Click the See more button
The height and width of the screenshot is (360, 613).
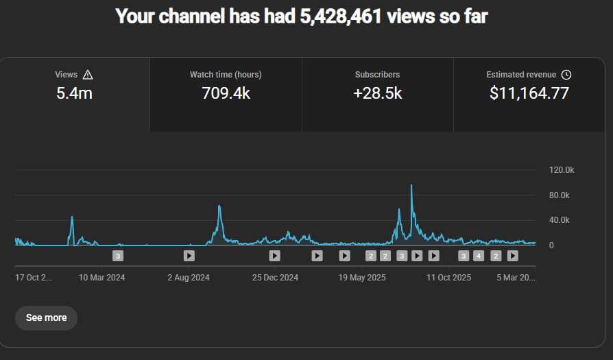coord(46,317)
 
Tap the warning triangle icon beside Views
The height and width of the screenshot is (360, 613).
coord(87,75)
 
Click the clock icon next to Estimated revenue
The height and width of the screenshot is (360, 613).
coord(566,75)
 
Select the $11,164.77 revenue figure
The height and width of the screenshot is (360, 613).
coord(529,93)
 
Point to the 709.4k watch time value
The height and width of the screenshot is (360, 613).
coord(226,93)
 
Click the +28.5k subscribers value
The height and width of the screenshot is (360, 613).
coord(377,93)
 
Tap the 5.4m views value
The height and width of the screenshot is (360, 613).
coord(74,93)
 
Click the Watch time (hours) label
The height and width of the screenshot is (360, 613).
coord(226,75)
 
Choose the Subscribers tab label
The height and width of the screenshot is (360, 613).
coord(377,75)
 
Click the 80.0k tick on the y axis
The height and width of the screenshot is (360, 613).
coord(560,195)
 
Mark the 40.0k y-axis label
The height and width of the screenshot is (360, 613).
coord(560,220)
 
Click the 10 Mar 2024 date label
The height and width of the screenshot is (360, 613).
coord(102,278)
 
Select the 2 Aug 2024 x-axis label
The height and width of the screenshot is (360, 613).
coord(189,278)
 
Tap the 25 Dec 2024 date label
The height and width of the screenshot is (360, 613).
coord(275,278)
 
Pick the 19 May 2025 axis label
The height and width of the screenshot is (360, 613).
coord(362,278)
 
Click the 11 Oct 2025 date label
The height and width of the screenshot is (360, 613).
coord(448,278)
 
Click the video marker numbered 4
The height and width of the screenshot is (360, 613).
coord(479,256)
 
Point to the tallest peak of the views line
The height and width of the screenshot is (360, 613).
coord(411,185)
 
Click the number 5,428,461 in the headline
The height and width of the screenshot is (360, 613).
coord(341,16)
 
